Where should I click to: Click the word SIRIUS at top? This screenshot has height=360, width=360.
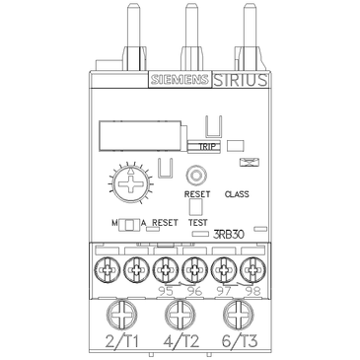(238, 81)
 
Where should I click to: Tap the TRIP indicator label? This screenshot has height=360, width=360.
(207, 147)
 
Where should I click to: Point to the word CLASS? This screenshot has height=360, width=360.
(239, 194)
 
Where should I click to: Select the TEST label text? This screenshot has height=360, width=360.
(198, 223)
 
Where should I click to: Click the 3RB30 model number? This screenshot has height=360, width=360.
(229, 236)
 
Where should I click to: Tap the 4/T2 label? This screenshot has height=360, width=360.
(180, 344)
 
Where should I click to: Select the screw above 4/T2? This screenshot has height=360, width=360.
(180, 317)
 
